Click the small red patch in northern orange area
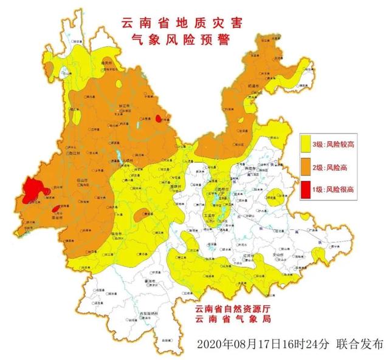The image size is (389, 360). click(x=159, y=118)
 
